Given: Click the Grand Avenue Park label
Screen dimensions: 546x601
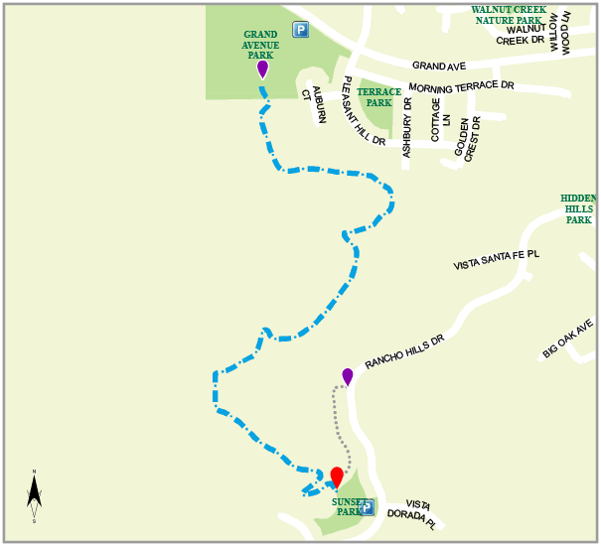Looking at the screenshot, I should click(260, 45).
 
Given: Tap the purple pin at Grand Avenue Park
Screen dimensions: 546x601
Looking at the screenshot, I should click(262, 69).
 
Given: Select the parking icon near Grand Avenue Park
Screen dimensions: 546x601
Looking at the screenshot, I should click(300, 30).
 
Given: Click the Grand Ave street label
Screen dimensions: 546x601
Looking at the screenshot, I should click(439, 67).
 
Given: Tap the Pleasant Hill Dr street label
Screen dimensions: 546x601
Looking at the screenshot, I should click(363, 111).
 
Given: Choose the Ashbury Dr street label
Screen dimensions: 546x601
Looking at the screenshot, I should click(406, 127).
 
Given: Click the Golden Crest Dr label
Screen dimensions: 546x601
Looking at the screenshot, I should click(468, 139).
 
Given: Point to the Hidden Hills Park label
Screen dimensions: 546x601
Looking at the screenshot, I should click(578, 208).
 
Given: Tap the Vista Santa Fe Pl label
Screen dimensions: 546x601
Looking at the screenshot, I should click(496, 260).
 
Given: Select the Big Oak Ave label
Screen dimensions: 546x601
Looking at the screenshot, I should click(568, 339).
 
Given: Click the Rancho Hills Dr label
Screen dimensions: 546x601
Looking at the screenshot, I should click(403, 350).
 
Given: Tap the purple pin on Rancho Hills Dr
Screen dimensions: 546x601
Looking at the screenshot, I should click(348, 377).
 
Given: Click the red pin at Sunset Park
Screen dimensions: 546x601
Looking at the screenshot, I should click(337, 478).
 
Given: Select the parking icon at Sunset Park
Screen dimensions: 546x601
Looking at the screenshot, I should click(367, 507).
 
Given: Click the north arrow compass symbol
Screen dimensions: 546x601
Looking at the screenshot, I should click(34, 494).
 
